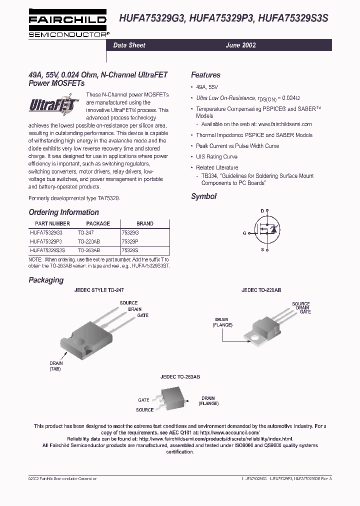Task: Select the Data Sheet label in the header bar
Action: click(x=129, y=45)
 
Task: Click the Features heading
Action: click(x=205, y=75)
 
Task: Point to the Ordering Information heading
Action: click(x=63, y=212)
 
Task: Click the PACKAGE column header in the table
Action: click(x=98, y=223)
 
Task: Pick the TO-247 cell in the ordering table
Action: click(x=85, y=232)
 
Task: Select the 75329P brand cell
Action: click(x=130, y=241)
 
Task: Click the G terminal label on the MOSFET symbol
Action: click(x=244, y=233)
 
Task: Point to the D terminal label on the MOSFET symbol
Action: click(x=261, y=210)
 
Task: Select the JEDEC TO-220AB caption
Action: click(x=261, y=290)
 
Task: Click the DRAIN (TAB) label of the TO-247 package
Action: click(x=56, y=366)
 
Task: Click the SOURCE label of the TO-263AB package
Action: click(x=144, y=410)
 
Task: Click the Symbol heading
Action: click(x=203, y=196)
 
